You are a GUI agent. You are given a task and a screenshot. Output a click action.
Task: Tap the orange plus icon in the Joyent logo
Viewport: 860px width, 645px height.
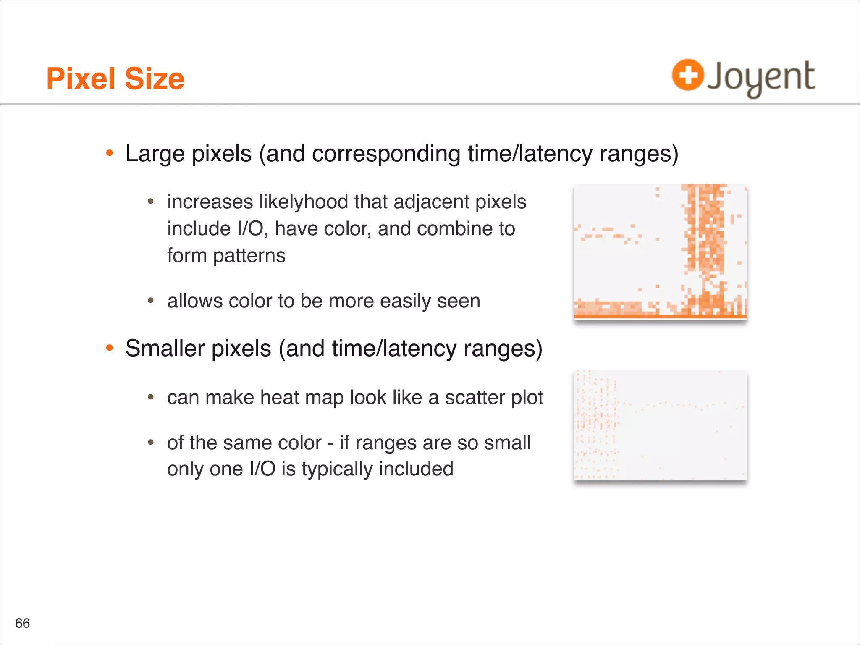[x=687, y=75]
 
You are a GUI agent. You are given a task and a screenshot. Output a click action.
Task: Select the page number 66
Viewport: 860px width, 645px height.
[x=22, y=623]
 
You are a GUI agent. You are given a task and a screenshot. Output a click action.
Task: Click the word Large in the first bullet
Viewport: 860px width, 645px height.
[x=155, y=154]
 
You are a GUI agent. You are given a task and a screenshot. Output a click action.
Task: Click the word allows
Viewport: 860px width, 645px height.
[x=195, y=301]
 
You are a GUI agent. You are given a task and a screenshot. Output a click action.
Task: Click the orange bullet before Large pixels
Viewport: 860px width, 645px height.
[x=110, y=153]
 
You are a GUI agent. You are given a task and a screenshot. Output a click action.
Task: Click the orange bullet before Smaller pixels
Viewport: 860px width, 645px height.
[x=110, y=348]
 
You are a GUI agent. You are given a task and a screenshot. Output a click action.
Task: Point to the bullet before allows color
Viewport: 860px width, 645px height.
[x=151, y=301]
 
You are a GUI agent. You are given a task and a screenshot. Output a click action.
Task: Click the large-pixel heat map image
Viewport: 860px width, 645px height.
[x=660, y=251]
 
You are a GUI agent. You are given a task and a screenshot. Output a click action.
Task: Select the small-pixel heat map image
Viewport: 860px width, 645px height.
[x=660, y=425]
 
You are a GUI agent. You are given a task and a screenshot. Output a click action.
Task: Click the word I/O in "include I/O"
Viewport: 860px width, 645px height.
[x=250, y=229]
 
